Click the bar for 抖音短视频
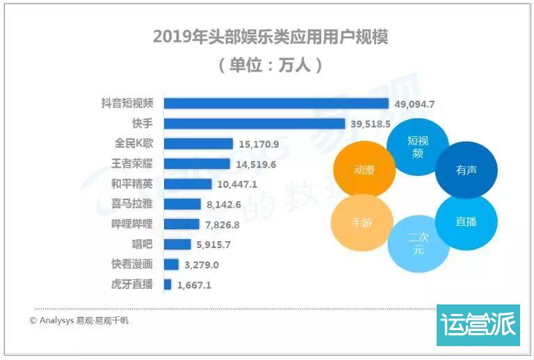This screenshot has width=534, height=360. [276, 104]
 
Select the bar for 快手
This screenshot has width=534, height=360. [254, 124]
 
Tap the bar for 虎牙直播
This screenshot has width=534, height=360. [168, 284]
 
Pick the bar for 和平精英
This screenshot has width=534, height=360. [188, 184]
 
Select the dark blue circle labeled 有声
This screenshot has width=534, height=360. [466, 170]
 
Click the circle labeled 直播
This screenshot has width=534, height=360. [466, 222]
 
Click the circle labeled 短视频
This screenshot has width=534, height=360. [417, 147]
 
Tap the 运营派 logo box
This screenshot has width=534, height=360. [478, 325]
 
